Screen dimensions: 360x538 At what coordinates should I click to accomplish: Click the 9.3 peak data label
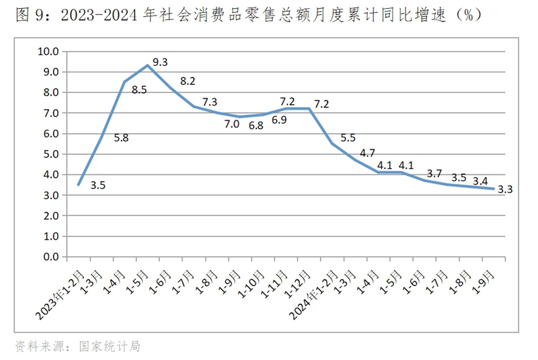point(161,63)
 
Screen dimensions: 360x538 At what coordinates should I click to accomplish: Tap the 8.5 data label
point(139,106)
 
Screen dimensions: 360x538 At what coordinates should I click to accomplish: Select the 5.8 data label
point(122,138)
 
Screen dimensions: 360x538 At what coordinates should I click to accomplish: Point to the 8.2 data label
point(187,82)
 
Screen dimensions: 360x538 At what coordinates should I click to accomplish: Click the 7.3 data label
point(210,102)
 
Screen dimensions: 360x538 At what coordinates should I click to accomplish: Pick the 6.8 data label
point(256,126)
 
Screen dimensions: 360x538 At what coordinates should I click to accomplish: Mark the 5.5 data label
point(349,137)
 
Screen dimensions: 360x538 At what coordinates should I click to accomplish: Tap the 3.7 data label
point(435,174)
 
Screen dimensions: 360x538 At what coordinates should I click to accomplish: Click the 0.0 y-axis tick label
point(51,257)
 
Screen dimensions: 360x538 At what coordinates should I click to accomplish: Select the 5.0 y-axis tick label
point(51,154)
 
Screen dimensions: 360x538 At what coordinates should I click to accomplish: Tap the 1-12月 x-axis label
point(299,283)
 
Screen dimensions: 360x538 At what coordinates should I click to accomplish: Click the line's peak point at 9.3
point(148,65)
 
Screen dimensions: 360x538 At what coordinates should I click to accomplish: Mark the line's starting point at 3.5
point(79,184)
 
